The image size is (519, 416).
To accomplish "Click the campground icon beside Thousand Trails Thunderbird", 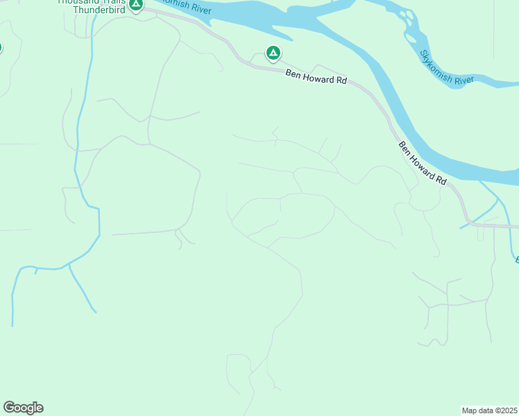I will [136, 4].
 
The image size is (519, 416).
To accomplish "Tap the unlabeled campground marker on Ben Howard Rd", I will [273, 53].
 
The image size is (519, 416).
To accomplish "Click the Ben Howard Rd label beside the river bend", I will [423, 164].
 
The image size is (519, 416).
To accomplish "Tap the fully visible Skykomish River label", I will [447, 67].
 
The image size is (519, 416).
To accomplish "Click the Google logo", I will [23, 408].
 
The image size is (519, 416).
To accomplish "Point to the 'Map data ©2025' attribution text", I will [489, 410].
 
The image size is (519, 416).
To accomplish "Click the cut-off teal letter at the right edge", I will [516, 259].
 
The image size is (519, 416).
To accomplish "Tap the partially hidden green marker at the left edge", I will [1, 48].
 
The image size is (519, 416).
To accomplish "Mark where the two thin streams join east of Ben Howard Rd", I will [498, 199].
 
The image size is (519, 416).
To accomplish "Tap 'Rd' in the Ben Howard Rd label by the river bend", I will [442, 180].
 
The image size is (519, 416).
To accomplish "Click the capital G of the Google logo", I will [9, 408].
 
